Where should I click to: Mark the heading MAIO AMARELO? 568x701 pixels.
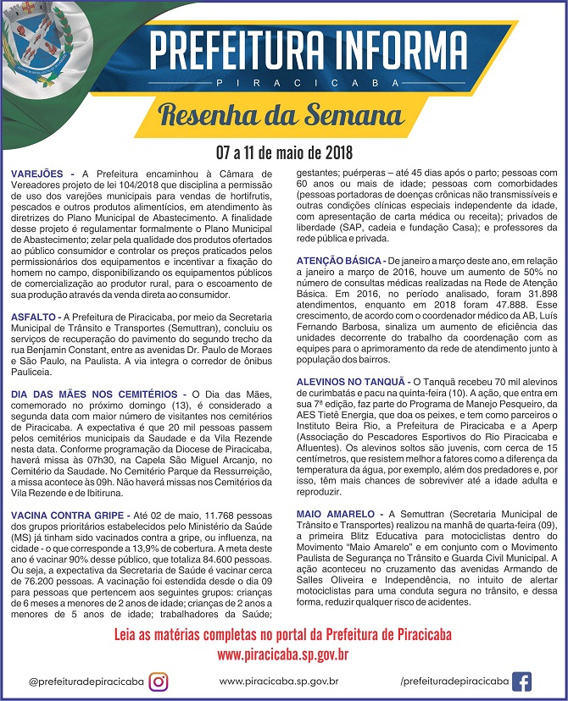(336, 514)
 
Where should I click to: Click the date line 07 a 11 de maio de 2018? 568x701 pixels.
(283, 153)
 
